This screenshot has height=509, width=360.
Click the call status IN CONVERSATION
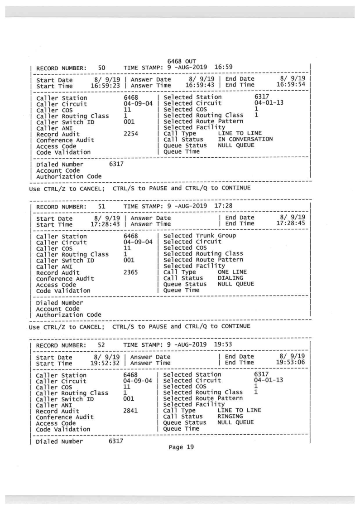245,140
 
